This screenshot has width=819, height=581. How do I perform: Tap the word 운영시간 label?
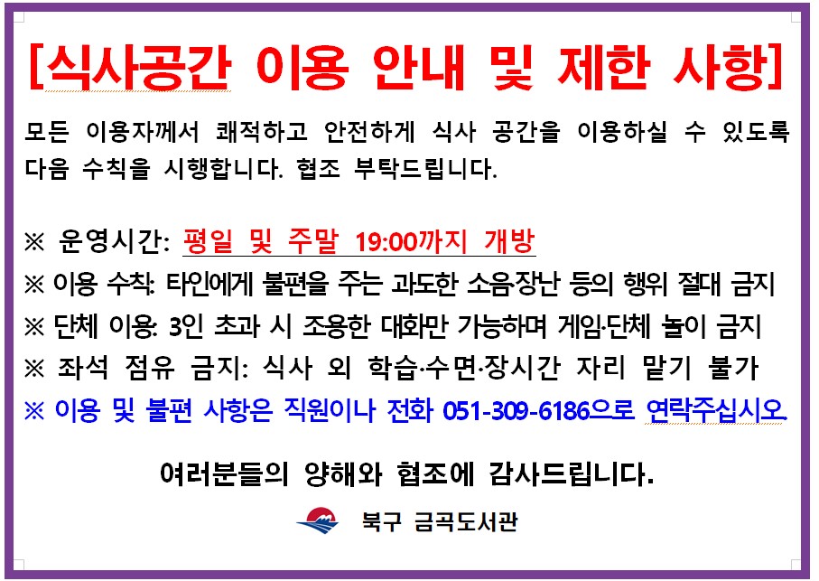[x=111, y=242]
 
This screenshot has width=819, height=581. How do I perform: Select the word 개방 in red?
[x=510, y=241]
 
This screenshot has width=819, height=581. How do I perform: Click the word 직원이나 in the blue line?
[x=334, y=411]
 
